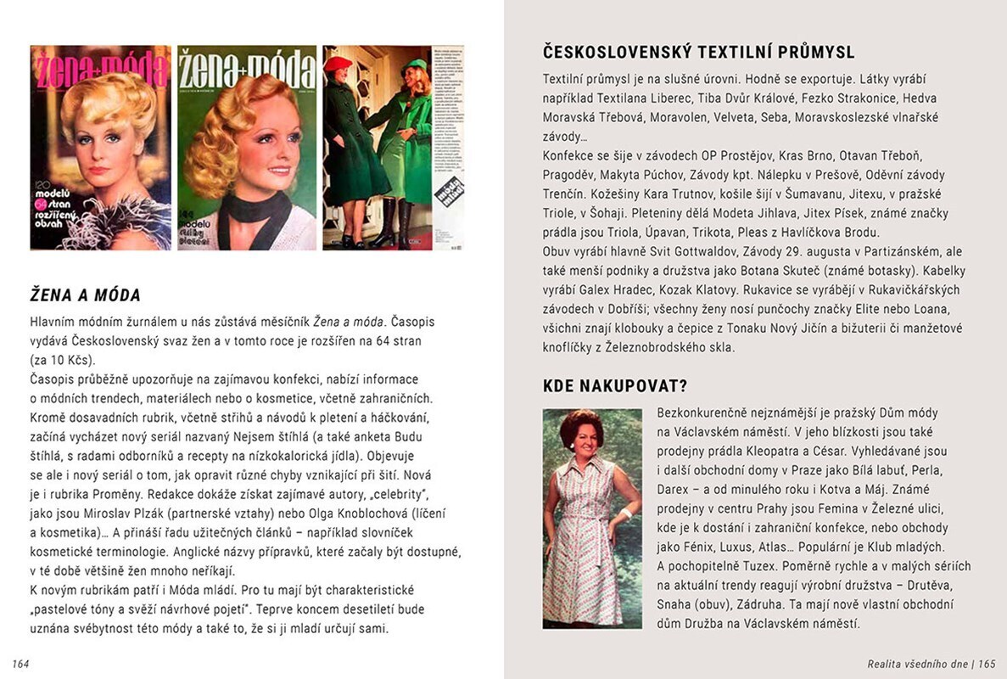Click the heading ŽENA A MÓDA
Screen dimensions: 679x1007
[x=85, y=295]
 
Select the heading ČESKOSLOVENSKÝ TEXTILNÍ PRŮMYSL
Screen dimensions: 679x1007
[x=698, y=53]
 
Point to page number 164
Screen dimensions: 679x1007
[x=21, y=663]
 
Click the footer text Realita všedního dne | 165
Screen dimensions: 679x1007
[x=931, y=663]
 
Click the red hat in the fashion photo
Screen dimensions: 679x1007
[x=339, y=64]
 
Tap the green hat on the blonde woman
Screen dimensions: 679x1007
[x=416, y=66]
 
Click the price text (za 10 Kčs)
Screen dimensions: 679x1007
[x=60, y=359]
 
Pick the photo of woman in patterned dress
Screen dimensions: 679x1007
[x=591, y=519]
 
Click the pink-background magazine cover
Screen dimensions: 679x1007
[x=100, y=148]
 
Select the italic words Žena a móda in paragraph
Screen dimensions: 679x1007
[x=350, y=321]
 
